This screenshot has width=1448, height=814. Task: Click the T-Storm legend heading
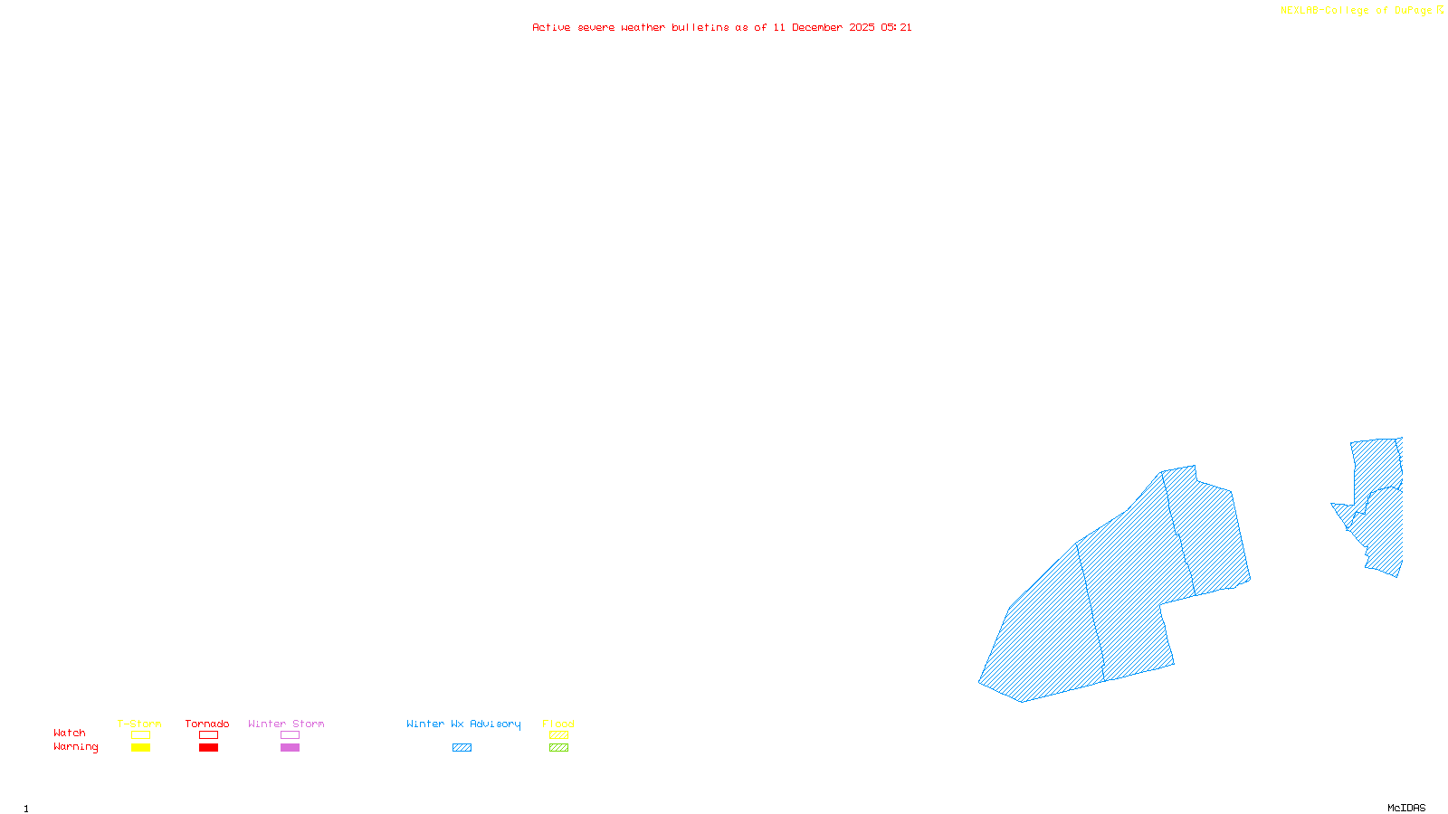tap(139, 724)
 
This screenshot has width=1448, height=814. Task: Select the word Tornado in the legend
tap(207, 724)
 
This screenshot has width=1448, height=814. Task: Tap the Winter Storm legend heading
tap(286, 724)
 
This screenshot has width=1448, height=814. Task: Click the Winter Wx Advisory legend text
tap(463, 724)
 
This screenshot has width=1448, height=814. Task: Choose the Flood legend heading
tap(558, 724)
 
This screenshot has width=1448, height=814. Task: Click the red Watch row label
tap(70, 733)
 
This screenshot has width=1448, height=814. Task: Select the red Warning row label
tap(76, 747)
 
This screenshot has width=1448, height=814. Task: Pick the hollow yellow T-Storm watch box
tap(140, 735)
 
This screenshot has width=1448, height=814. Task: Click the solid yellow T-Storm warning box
tap(140, 748)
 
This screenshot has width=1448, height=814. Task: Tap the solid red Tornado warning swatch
tap(208, 748)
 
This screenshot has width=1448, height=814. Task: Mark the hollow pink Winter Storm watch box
tap(290, 735)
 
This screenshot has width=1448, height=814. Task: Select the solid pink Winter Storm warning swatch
tap(290, 748)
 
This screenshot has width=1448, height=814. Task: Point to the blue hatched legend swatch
tap(462, 748)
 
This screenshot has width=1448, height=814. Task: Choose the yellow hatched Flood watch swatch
tap(558, 735)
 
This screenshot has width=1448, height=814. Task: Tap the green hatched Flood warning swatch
tap(558, 748)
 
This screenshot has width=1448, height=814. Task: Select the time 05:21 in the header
tap(896, 27)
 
